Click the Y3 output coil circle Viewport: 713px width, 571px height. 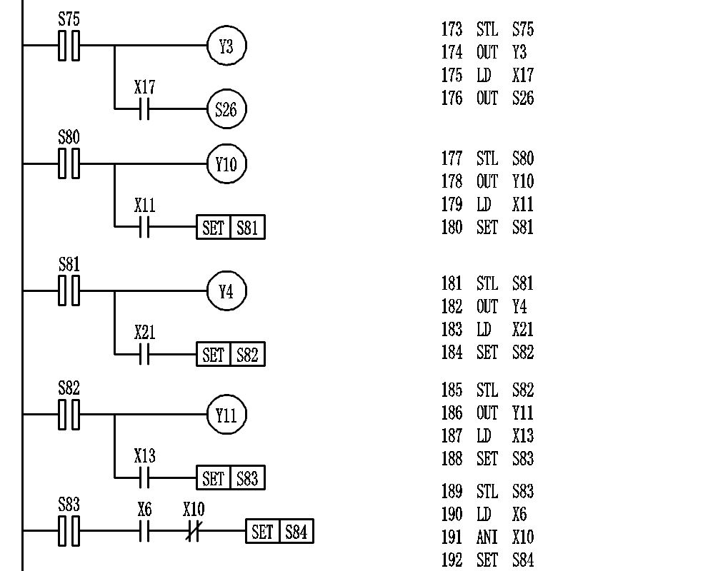click(x=226, y=46)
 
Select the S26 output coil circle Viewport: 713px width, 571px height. click(x=226, y=109)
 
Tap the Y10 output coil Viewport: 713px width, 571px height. click(x=226, y=164)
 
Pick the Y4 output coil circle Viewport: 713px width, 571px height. click(x=226, y=291)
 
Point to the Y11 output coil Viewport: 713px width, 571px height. click(x=226, y=415)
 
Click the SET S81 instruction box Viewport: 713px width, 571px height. click(x=230, y=228)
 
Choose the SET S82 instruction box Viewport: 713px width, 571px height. click(x=230, y=354)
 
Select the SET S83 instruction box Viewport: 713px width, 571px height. click(x=230, y=478)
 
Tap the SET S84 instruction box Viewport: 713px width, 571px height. click(x=279, y=532)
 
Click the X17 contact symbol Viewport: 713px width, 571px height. click(x=144, y=109)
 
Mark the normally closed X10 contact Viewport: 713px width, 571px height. click(x=193, y=532)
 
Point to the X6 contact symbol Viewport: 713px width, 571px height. click(x=144, y=532)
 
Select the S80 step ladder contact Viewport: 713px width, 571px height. click(x=69, y=163)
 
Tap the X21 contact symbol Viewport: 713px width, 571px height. click(x=144, y=354)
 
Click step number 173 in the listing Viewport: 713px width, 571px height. click(x=452, y=30)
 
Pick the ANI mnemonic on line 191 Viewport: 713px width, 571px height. click(x=487, y=537)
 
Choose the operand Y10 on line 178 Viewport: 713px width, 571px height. click(x=522, y=181)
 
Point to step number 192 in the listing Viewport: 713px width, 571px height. click(x=452, y=560)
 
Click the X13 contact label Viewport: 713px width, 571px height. click(x=144, y=456)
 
